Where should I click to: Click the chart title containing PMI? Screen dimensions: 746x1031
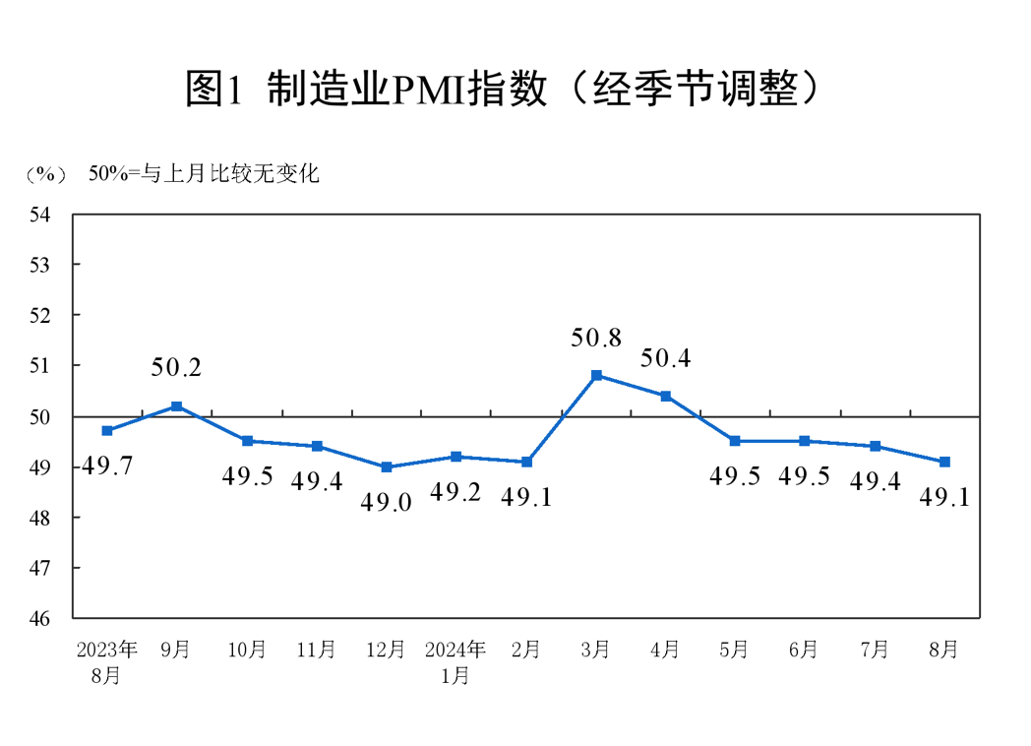coord(503,90)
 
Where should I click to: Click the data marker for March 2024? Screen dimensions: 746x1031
coord(596,375)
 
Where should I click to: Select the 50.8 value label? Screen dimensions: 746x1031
coord(596,339)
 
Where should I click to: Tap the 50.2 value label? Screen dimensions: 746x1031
coord(177,368)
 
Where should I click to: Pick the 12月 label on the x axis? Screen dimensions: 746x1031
coord(386,650)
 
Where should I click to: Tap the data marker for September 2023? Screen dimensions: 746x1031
coord(177,405)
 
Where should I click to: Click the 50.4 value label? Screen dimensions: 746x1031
coord(666,358)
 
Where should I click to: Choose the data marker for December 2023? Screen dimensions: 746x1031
coord(387,466)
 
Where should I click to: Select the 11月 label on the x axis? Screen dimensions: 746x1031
coord(316,650)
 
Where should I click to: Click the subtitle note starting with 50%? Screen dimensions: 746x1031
coord(204,174)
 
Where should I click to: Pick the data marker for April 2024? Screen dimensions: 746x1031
coord(666,396)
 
